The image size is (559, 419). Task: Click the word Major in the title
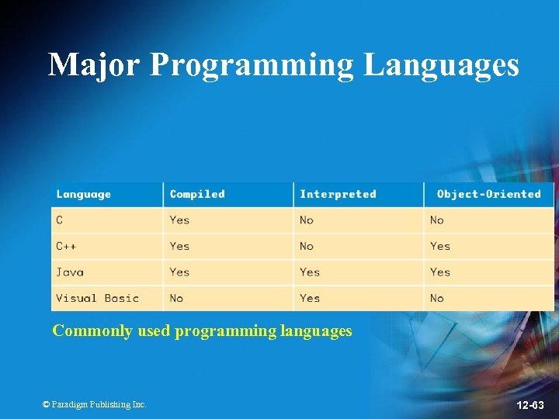point(94,65)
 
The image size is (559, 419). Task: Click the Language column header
point(83,194)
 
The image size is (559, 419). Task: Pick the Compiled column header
point(197,194)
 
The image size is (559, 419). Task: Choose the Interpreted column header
point(338,194)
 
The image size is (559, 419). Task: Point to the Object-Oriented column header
point(488,194)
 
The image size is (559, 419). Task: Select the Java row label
point(70,272)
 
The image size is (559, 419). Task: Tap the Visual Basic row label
point(97,298)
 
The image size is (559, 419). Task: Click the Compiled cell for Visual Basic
point(177,298)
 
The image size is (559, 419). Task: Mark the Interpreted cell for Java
point(310,272)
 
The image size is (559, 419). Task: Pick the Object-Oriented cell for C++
point(440,246)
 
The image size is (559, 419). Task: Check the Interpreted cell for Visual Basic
point(310,298)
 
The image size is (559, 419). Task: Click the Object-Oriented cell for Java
point(440,272)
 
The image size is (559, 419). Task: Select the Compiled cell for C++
point(179,246)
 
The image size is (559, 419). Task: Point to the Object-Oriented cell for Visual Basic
point(437,298)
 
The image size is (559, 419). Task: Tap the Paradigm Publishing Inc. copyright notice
point(94,404)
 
